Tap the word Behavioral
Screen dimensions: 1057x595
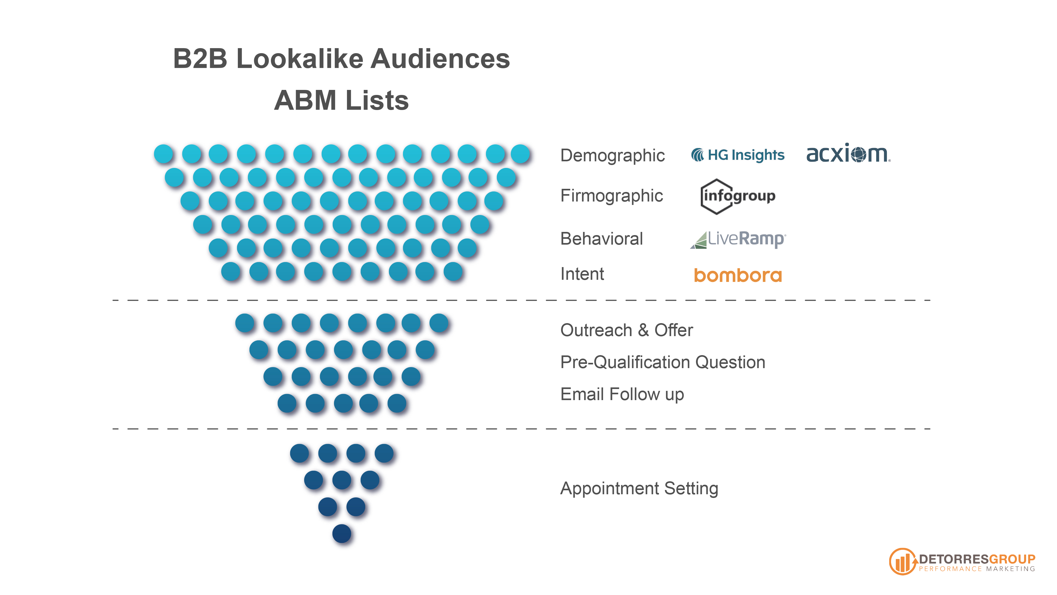(601, 239)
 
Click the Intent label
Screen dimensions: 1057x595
(582, 274)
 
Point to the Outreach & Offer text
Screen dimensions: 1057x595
(627, 330)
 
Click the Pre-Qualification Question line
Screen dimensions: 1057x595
(663, 362)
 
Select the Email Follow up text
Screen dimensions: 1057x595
(622, 394)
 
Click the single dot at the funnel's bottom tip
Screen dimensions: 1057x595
(342, 533)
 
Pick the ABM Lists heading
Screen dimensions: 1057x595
(341, 100)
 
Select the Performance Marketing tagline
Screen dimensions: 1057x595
(977, 569)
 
